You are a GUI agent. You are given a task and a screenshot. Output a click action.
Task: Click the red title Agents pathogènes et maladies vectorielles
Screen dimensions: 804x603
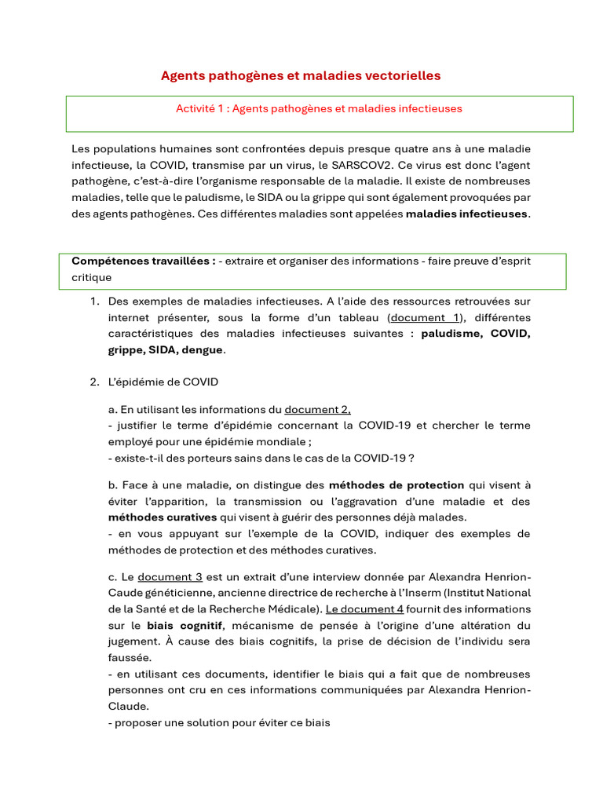(x=301, y=75)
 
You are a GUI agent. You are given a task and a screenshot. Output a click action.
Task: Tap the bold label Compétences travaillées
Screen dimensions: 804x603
(x=144, y=261)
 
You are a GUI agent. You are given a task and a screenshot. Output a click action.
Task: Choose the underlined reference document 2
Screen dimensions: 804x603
(x=317, y=409)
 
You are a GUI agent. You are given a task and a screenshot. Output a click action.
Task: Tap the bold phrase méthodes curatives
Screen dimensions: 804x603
(x=162, y=517)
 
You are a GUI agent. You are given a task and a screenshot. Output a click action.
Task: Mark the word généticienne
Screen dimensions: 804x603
(x=183, y=593)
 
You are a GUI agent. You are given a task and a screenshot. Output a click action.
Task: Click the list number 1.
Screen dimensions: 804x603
(x=93, y=301)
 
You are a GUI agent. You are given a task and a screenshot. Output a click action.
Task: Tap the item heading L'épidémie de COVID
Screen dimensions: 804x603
(x=163, y=382)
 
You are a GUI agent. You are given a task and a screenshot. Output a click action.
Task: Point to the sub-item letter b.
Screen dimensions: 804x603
(x=112, y=485)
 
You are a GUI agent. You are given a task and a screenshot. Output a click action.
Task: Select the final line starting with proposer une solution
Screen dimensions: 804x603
(x=219, y=722)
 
